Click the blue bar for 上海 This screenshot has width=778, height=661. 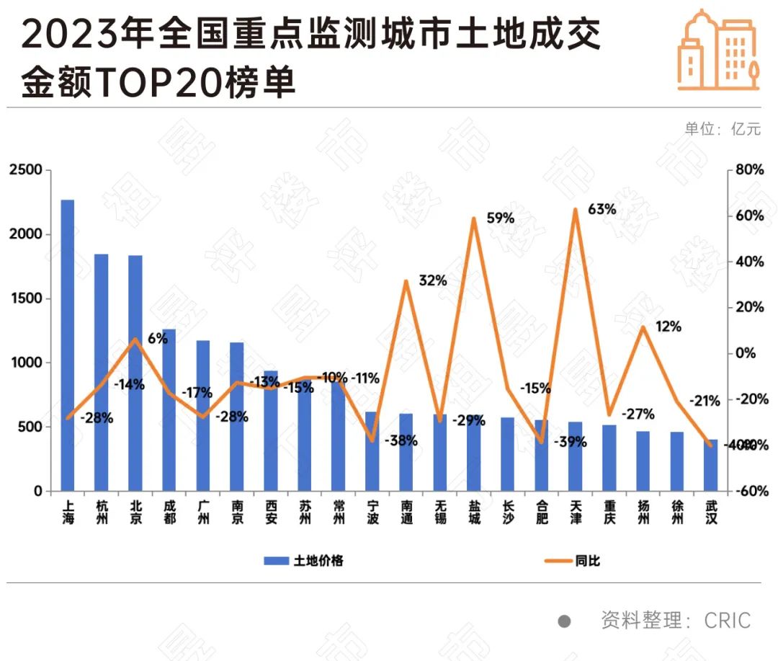click(68, 345)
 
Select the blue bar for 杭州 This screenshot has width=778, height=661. click(102, 372)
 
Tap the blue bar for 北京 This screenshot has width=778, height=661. click(135, 373)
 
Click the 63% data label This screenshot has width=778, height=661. click(602, 210)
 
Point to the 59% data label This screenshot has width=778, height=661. click(500, 218)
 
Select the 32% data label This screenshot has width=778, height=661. click(433, 280)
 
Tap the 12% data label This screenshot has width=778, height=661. click(669, 327)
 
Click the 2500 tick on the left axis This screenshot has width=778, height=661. click(27, 171)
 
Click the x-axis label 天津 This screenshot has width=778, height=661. click(576, 512)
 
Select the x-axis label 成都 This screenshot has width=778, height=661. click(169, 512)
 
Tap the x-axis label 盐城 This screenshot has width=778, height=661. click(474, 512)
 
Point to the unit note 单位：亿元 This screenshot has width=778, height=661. click(722, 129)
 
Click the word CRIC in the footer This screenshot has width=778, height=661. click(727, 621)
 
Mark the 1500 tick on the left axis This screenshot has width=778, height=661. click(27, 299)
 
